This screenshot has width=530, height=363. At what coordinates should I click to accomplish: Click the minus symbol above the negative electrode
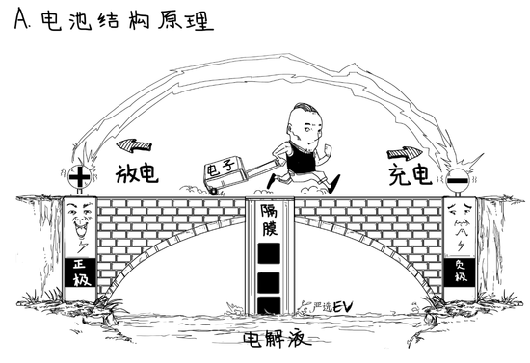tap(458, 177)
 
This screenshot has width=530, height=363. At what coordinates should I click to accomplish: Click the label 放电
tap(136, 174)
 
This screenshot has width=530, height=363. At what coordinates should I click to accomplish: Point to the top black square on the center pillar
tap(269, 253)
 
